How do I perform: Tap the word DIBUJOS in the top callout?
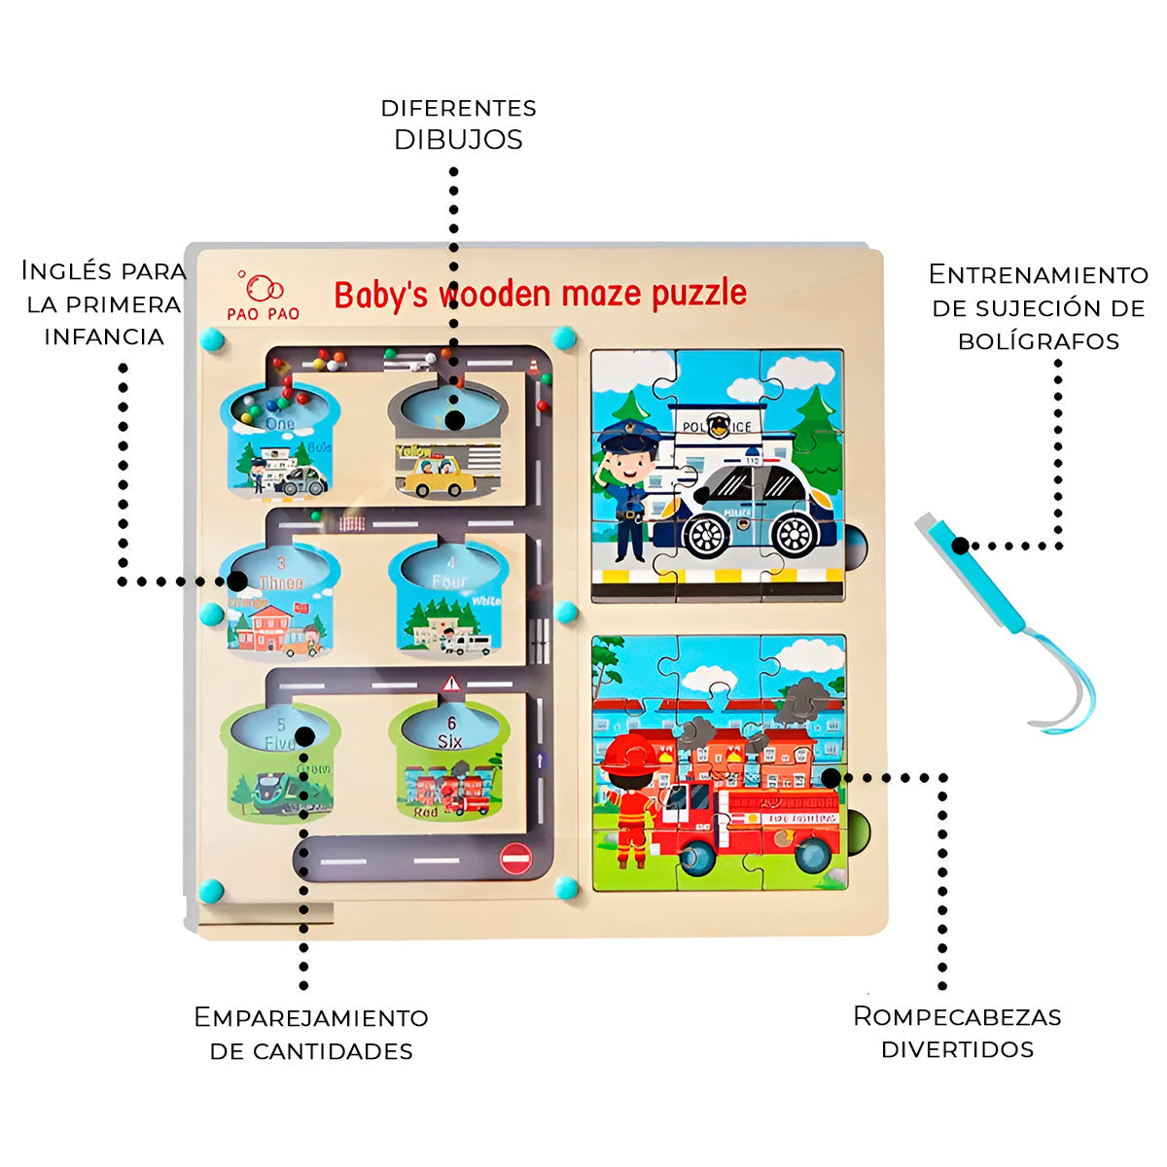(x=458, y=140)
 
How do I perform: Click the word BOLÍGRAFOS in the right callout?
(x=1039, y=341)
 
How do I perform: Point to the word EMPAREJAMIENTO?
(x=311, y=1018)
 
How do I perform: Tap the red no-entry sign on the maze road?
(x=515, y=858)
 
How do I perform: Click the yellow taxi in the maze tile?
(x=439, y=476)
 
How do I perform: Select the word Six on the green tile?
(x=449, y=742)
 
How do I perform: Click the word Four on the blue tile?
(x=449, y=582)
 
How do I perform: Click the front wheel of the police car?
(x=707, y=532)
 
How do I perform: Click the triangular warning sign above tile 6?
(x=451, y=685)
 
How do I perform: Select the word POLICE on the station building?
(x=717, y=427)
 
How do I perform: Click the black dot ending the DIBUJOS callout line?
(x=453, y=420)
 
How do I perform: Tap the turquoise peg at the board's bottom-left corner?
(x=211, y=890)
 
